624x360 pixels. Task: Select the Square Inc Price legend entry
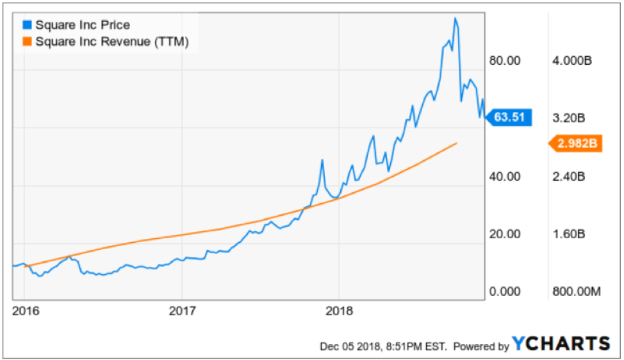coord(83,25)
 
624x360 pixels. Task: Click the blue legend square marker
coord(26,25)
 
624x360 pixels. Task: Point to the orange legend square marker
coord(26,42)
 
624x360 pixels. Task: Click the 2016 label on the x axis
coord(25,311)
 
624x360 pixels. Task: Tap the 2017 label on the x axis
coord(182,311)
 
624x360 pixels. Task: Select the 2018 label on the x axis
coord(340,311)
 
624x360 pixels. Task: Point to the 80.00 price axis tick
coord(504,61)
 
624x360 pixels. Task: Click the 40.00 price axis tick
coord(504,176)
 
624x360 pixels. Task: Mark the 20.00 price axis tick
coord(504,234)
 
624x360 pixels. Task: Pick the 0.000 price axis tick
coord(504,292)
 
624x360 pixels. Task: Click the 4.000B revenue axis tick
coord(571,61)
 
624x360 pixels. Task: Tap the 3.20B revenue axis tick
coord(568,119)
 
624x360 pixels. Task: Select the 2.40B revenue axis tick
coord(568,176)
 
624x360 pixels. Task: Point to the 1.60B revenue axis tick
coord(568,234)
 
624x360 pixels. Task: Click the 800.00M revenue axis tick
coord(575,292)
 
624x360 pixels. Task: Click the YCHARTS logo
coord(561,343)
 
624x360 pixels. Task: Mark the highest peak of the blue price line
coord(455,19)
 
